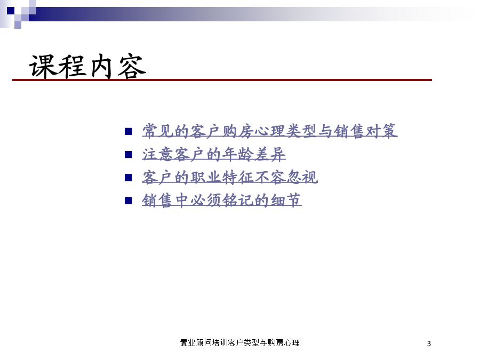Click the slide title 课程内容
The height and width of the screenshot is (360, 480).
click(x=87, y=66)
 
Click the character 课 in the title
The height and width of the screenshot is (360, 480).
click(x=42, y=66)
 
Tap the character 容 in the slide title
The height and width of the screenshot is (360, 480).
click(x=132, y=66)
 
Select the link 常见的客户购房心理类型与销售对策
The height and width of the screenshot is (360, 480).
click(x=270, y=131)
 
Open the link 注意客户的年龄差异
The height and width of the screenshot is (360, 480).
click(x=214, y=154)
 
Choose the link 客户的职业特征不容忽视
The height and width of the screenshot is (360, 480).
click(x=229, y=177)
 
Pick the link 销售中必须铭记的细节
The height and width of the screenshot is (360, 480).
click(x=222, y=201)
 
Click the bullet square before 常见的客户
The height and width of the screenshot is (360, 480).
click(x=128, y=132)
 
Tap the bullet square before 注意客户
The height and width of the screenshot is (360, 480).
click(x=128, y=155)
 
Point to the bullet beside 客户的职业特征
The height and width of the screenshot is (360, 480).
click(x=128, y=178)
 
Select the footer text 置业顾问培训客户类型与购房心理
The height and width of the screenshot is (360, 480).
click(x=239, y=343)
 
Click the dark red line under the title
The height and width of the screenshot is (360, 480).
click(x=222, y=80)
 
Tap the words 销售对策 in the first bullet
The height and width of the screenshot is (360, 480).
click(x=365, y=131)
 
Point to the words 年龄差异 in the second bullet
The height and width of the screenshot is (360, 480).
click(x=254, y=154)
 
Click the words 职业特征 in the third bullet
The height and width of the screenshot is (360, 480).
click(x=222, y=177)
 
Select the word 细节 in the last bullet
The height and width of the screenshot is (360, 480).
click(x=286, y=201)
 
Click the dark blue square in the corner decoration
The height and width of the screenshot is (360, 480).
click(x=11, y=11)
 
